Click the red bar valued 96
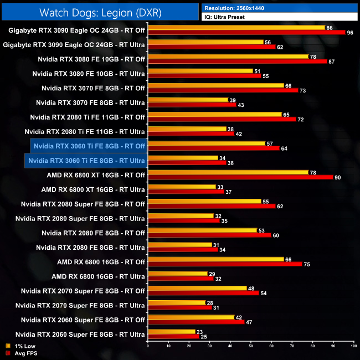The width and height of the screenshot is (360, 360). point(246,33)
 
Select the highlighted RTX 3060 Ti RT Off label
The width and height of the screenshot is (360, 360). point(89,146)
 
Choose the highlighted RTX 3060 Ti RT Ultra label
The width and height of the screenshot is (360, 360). point(86,161)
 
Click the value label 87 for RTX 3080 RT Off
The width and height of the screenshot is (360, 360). point(331,61)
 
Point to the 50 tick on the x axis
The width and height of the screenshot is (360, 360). point(250,347)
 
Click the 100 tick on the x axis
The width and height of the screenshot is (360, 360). point(353,347)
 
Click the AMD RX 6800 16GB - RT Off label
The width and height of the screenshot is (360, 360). point(101,261)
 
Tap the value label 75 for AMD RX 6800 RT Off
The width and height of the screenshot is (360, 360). point(307,264)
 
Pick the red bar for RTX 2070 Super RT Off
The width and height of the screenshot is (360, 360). point(203,293)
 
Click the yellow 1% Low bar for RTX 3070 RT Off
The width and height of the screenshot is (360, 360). point(215,85)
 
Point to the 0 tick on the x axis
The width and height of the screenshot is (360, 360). point(148,347)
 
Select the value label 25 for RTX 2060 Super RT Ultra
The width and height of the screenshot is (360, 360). point(204,336)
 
